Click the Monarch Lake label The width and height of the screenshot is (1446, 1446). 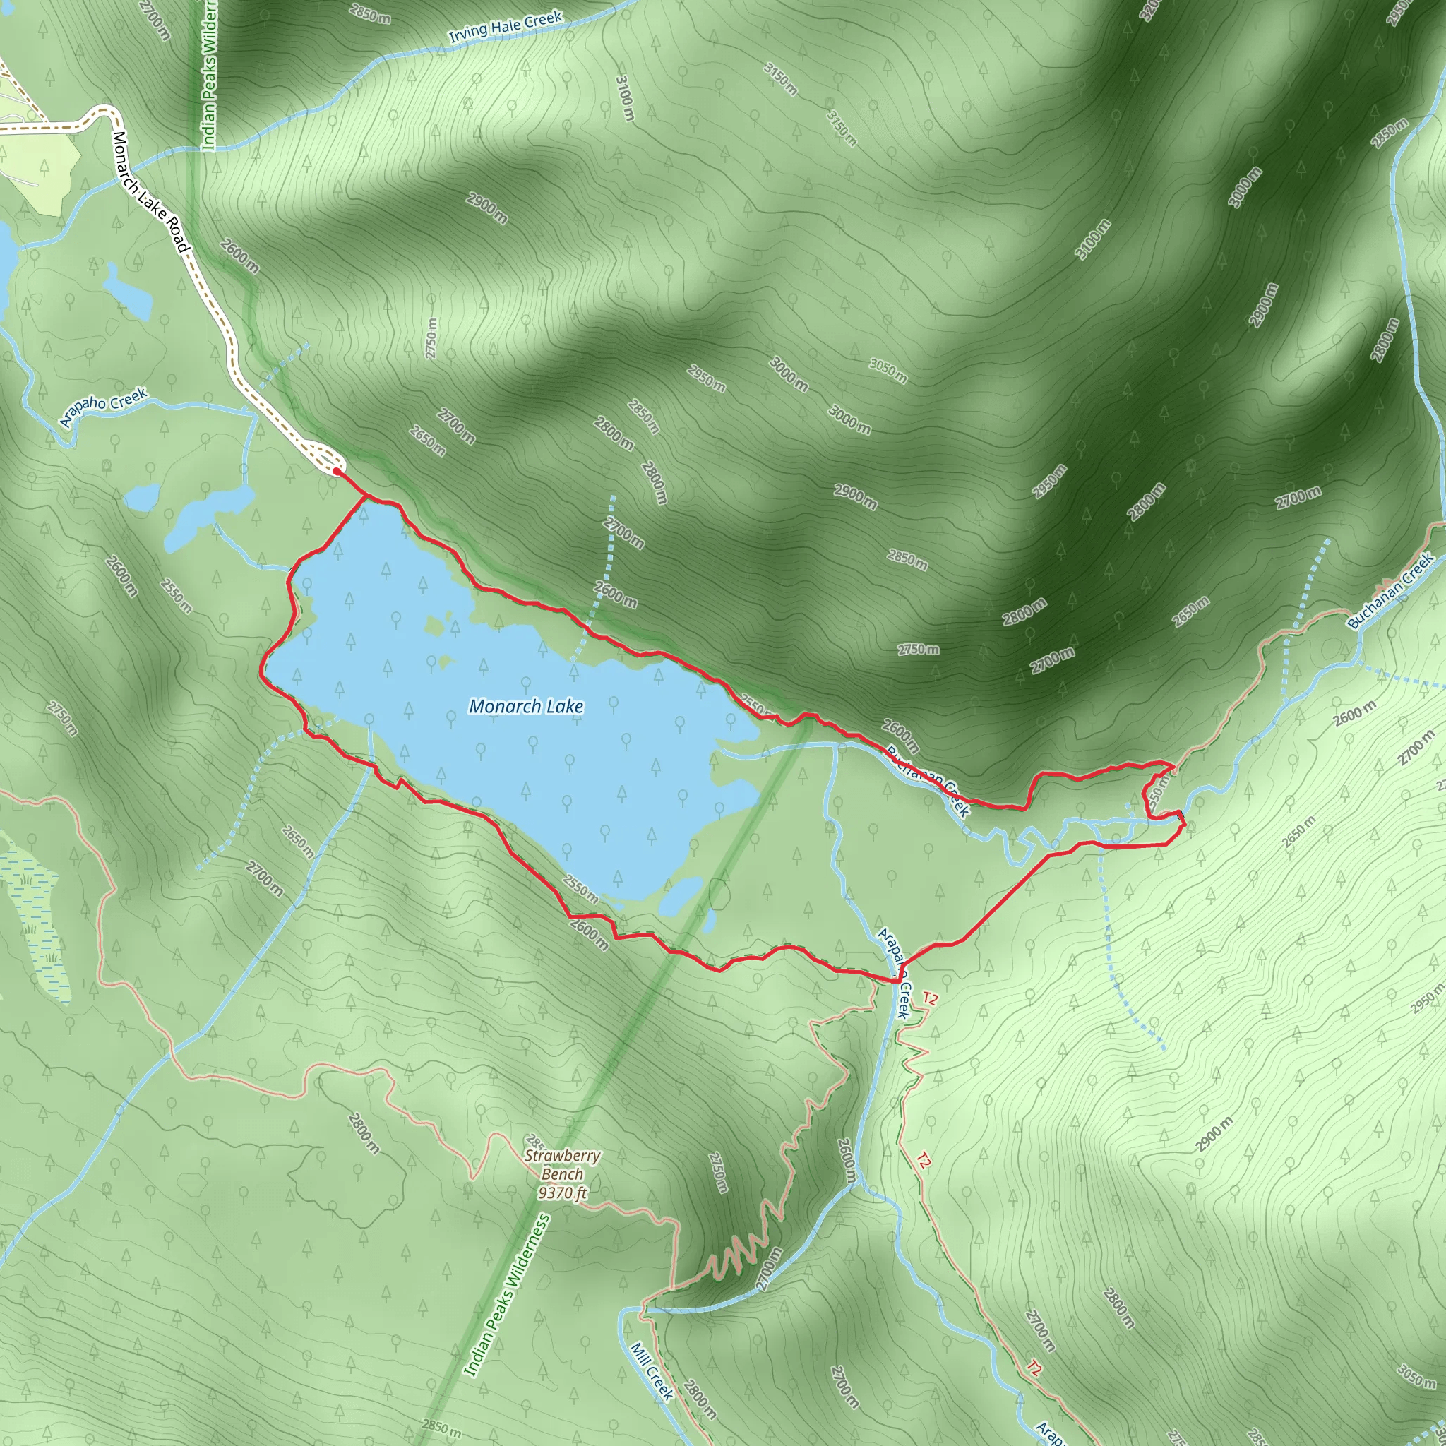pyautogui.click(x=525, y=706)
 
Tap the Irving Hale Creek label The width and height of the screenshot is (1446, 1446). pyautogui.click(x=506, y=27)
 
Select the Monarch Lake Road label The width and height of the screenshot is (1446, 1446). pyautogui.click(x=150, y=191)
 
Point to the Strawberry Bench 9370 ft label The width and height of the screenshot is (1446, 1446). pyautogui.click(x=562, y=1173)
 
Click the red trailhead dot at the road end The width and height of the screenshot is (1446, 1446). pyautogui.click(x=337, y=472)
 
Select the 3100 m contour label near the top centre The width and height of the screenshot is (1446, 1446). pyautogui.click(x=625, y=97)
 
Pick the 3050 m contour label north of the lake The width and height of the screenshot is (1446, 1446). pyautogui.click(x=888, y=371)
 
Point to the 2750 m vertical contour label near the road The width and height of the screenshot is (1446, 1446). pyautogui.click(x=431, y=338)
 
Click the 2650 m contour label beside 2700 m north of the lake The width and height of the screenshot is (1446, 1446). pyautogui.click(x=427, y=441)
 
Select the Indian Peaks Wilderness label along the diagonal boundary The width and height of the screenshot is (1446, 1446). pyautogui.click(x=507, y=1296)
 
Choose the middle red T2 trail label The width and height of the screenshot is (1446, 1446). pyautogui.click(x=924, y=1160)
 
